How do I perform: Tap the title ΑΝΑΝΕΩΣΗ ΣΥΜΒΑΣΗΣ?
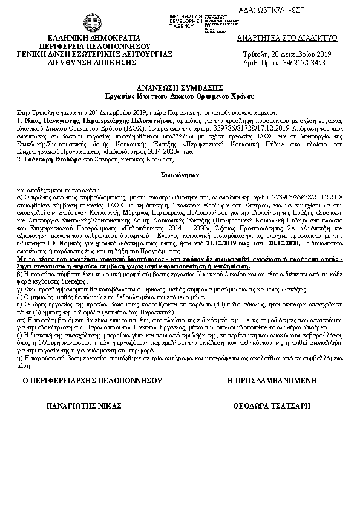180,88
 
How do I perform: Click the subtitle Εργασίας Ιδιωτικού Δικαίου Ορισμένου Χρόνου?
180,96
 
